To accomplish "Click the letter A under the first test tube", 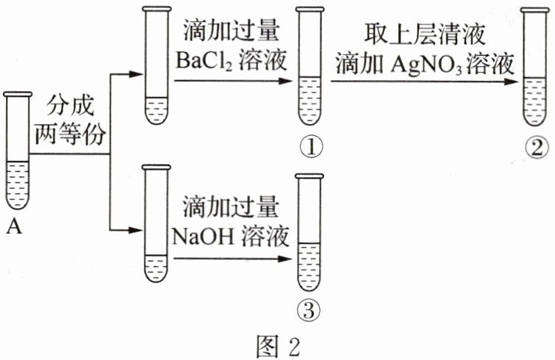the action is point(15,226).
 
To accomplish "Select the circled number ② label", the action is point(537,148).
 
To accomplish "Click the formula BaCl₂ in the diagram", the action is point(204,60).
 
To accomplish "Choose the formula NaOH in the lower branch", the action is point(203,237).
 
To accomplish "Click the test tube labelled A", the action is point(18,151).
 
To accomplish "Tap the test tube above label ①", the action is point(310,66).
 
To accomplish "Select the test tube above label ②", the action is point(534,67).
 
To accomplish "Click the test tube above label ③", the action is point(309,232).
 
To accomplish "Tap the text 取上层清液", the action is point(424,35).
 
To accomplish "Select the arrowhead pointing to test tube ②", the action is point(512,82).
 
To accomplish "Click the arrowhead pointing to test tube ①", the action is point(285,81).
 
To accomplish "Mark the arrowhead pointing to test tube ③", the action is point(285,259).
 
